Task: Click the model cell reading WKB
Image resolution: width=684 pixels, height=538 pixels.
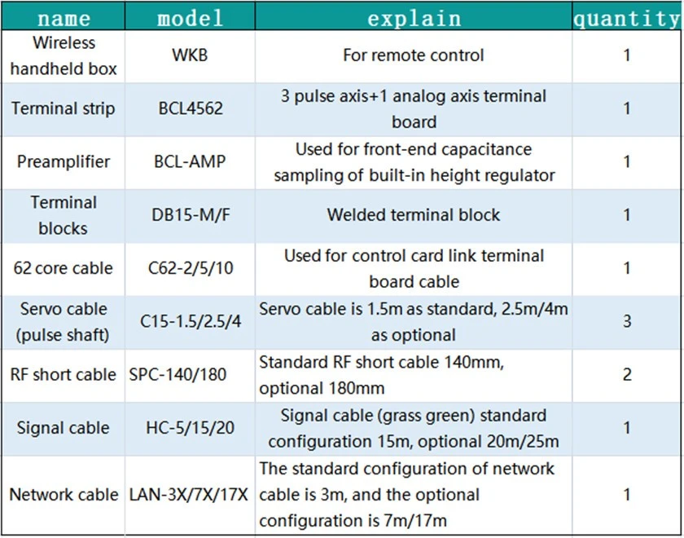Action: [190, 55]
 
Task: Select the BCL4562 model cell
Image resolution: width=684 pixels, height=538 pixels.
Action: [191, 108]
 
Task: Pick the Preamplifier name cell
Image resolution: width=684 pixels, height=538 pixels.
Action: [64, 162]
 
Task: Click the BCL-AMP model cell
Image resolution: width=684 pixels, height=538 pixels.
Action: [190, 161]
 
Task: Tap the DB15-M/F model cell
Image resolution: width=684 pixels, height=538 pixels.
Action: [191, 215]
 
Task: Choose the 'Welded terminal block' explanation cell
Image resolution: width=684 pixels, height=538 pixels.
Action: [413, 215]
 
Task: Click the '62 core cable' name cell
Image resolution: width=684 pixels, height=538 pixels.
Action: [64, 268]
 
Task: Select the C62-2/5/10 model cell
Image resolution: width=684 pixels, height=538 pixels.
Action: [191, 268]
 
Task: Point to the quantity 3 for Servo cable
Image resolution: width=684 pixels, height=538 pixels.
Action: [627, 321]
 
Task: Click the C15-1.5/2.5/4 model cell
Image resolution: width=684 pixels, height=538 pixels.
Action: [191, 322]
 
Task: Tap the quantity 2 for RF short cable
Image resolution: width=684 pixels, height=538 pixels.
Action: [627, 375]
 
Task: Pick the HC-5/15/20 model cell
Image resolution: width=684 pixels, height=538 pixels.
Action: [191, 428]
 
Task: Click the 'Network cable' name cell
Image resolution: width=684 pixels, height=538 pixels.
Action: [64, 495]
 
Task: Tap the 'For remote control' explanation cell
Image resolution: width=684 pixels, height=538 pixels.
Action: [413, 55]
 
